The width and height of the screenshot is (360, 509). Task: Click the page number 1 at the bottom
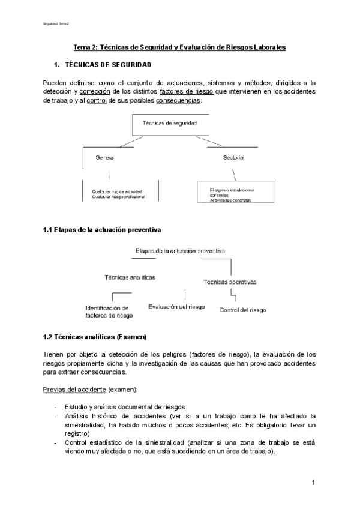pos(314,483)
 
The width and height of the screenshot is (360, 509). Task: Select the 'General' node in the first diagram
pos(104,158)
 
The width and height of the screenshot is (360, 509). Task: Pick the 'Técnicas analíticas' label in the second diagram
pos(130,277)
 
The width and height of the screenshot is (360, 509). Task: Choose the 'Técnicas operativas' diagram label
pos(230,281)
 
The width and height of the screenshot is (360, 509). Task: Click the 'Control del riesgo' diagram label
pos(243,310)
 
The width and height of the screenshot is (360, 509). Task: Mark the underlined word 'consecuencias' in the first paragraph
pos(178,101)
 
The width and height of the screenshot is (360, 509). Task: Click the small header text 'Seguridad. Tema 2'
pos(56,24)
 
